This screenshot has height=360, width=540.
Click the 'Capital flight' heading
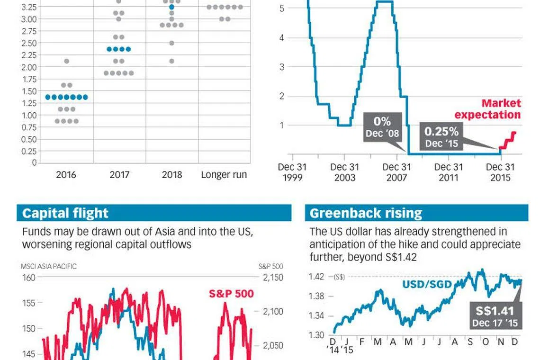coord(65,213)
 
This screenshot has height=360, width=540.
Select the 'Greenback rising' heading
coord(366,213)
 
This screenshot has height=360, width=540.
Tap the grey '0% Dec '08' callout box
coord(383,127)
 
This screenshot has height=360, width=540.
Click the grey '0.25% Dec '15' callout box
coord(441,136)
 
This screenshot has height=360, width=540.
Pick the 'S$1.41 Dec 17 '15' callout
coord(495,316)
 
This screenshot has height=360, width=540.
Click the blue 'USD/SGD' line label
coord(427,284)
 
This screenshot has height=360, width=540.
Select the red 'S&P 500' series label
coord(231,294)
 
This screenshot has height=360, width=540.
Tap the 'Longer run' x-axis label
coord(224,175)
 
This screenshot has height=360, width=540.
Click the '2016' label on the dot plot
coord(66,175)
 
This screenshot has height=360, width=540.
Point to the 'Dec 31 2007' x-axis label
coord(396,172)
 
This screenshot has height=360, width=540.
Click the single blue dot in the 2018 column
coord(171,7)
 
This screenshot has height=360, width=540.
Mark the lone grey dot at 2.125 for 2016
coord(66,61)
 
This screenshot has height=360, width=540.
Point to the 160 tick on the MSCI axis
coord(29,277)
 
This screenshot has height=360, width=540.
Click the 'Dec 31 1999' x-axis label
coord(293,172)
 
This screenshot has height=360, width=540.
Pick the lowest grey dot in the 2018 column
coord(171,61)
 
